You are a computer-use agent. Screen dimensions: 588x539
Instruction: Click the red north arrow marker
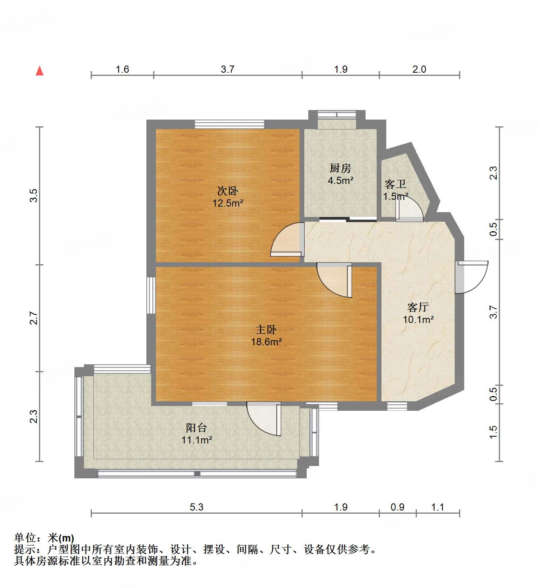click(x=39, y=71)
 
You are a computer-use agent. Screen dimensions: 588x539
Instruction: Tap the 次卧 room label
click(x=228, y=191)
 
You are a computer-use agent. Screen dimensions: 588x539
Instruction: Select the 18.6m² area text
click(x=266, y=342)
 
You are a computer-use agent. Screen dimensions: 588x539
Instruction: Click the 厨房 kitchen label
click(x=341, y=168)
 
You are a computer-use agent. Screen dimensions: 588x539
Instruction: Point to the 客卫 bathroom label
click(x=395, y=184)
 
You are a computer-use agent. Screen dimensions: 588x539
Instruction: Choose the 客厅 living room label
click(x=418, y=307)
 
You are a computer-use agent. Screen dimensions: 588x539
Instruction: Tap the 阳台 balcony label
click(x=197, y=428)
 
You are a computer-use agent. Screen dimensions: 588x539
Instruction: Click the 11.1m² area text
click(x=197, y=440)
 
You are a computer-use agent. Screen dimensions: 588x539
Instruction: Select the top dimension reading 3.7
click(x=228, y=70)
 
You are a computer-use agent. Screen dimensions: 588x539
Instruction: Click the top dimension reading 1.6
click(x=122, y=70)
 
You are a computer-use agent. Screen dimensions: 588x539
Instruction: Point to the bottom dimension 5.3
click(x=197, y=507)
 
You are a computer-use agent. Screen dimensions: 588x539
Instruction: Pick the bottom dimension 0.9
click(x=397, y=507)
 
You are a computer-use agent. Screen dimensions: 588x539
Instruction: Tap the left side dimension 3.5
click(x=34, y=195)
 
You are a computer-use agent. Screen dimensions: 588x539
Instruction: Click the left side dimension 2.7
click(x=34, y=318)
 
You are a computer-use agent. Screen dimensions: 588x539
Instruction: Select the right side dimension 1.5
click(x=493, y=432)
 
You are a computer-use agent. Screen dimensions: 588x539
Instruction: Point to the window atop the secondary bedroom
click(x=230, y=124)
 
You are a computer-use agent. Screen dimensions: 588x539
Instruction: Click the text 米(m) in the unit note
click(x=61, y=538)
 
